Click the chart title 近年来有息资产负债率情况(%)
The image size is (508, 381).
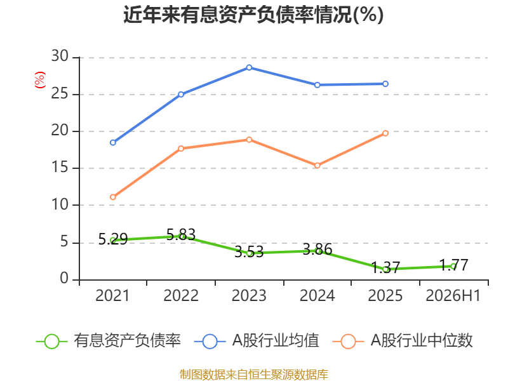[x=253, y=15]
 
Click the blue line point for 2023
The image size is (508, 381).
[x=249, y=67]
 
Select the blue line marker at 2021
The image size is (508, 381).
[x=113, y=142]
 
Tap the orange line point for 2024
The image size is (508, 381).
[x=317, y=166]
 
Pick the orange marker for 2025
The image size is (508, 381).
[x=385, y=133]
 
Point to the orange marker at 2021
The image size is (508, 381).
[x=113, y=197]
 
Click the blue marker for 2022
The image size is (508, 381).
[x=181, y=94]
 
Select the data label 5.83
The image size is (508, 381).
[x=181, y=234]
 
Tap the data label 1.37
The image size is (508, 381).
[x=385, y=267]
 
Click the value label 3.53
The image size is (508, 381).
[x=249, y=251]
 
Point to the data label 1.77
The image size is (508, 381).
[x=453, y=265]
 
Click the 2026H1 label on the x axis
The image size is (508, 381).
[x=453, y=295]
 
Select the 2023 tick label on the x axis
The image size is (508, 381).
[x=249, y=295]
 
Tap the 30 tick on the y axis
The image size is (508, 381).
[x=60, y=56]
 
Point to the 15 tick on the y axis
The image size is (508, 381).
[x=60, y=167]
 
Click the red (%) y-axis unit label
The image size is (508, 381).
[x=40, y=80]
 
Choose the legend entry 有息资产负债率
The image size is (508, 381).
[x=108, y=341]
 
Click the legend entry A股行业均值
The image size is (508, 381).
[x=257, y=341]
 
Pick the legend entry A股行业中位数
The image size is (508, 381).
[x=403, y=341]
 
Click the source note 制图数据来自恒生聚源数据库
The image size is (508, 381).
[x=254, y=374]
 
